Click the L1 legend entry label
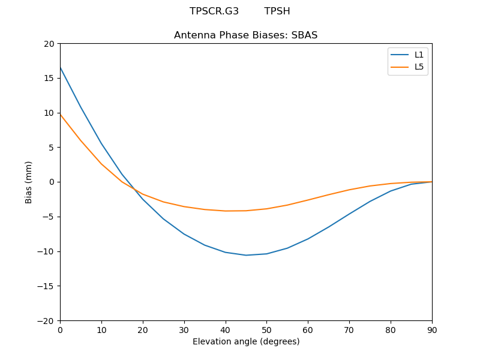419,55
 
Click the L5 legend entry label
419,67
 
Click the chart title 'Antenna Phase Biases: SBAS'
245,35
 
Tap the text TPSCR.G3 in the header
214,11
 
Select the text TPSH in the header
277,11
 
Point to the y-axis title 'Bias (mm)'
29,182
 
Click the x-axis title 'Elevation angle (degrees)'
246,341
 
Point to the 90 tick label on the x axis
432,329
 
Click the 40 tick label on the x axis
226,329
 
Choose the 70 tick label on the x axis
349,329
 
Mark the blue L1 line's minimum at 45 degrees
246,255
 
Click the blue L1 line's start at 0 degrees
60,67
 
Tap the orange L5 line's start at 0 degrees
60,114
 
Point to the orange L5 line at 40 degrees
226,211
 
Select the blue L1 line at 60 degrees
308,239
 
